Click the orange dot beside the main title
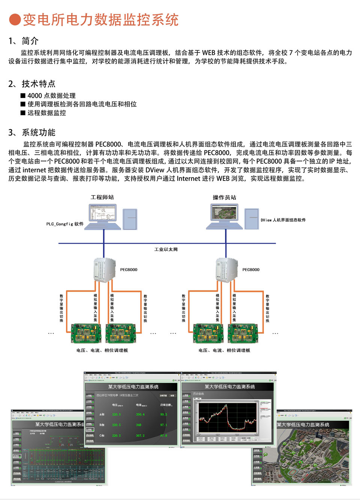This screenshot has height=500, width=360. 15,20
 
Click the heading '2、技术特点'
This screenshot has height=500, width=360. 32,83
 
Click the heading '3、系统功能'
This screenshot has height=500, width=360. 32,132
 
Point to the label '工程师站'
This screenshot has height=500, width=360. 102,197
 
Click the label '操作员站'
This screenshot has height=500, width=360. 224,197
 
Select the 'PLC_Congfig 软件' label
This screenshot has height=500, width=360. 65,224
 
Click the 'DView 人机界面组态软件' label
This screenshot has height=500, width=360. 283,220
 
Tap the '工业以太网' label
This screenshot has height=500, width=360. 166,249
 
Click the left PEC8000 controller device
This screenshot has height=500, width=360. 104,270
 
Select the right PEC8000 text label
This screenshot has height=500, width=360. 251,270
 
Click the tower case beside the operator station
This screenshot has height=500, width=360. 252,218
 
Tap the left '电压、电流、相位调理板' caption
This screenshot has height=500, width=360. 102,350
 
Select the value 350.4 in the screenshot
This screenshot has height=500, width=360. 140,414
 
